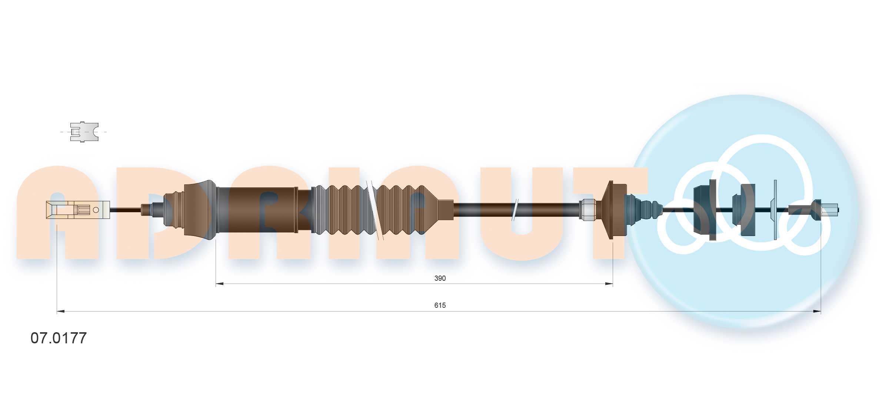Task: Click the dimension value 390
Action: coord(440,278)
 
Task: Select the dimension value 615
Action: coord(440,305)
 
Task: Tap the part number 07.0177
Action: coord(59,338)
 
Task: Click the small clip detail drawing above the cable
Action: coord(84,131)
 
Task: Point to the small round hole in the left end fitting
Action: coord(96,210)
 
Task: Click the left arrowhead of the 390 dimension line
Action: coord(220,284)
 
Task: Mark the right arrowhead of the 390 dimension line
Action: coord(609,284)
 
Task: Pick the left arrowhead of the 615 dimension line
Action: coord(61,311)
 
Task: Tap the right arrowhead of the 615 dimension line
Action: coord(817,311)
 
